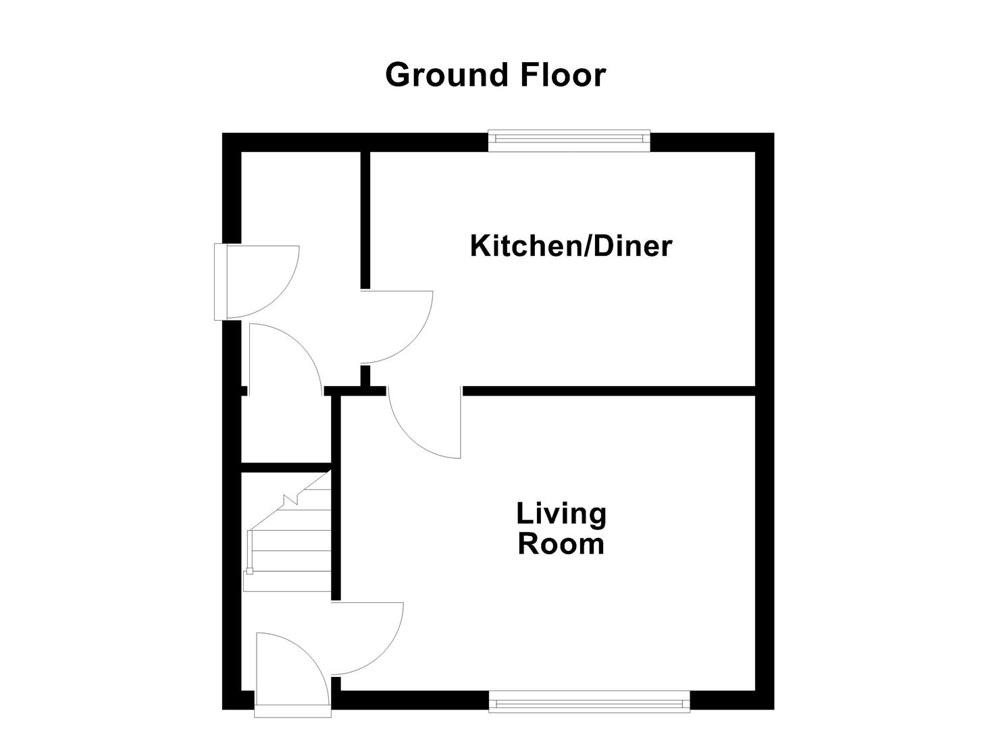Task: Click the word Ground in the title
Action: (x=446, y=75)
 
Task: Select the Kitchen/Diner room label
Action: (x=571, y=246)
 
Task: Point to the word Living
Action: (x=561, y=514)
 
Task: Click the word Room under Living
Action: (x=561, y=544)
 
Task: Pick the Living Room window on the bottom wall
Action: (x=589, y=702)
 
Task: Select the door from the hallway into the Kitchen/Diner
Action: (x=395, y=327)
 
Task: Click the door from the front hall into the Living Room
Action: (x=368, y=638)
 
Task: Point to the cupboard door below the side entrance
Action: (x=284, y=358)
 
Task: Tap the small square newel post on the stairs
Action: (x=249, y=572)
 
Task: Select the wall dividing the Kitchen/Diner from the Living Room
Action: (x=608, y=391)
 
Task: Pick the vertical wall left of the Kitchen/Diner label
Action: (x=365, y=219)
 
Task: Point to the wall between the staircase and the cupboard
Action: (x=286, y=467)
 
